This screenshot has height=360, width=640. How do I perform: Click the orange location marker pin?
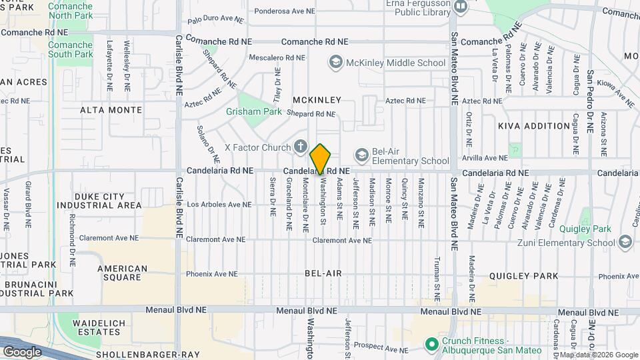point(321,159)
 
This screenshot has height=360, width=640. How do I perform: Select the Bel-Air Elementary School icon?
point(361,155)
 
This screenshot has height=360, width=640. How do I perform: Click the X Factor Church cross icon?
point(301,147)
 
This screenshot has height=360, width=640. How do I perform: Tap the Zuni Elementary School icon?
point(625,242)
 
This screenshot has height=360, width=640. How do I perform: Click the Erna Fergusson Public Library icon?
point(460,6)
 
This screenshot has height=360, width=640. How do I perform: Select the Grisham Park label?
point(254,112)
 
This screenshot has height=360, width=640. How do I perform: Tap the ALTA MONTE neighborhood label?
point(111,109)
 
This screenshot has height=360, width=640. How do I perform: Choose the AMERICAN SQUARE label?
point(122,273)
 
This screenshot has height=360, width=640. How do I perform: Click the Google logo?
point(22,351)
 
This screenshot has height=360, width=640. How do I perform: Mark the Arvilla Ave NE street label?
point(485,158)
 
